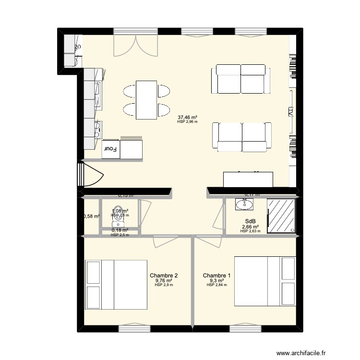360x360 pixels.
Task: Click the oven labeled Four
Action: pos(111,149)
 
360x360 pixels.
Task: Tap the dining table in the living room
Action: pos(146,100)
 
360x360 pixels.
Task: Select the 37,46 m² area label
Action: pos(188,117)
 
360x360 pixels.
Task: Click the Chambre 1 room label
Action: pos(216,276)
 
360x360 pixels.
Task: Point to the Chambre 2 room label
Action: pos(164,276)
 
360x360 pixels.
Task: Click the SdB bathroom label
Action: pos(250,221)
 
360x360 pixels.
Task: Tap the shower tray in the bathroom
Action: pos(281,216)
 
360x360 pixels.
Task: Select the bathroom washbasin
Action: pos(244,205)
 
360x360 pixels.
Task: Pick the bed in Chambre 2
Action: pos(116,285)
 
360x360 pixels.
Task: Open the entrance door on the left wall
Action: pos(89,174)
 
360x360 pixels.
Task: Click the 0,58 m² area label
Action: pos(91,216)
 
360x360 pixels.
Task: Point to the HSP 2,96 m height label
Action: pos(187,122)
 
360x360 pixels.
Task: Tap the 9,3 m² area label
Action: pos(216,280)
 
